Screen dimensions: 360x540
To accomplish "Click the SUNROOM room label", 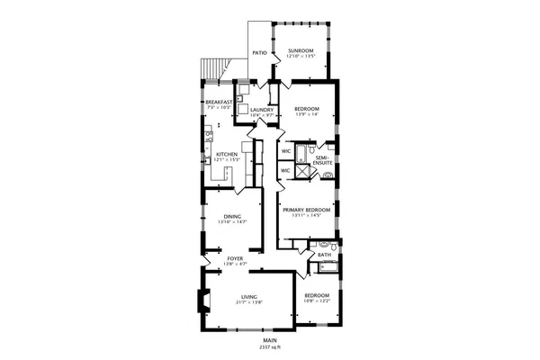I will (300, 50).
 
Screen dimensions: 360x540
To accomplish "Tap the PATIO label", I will (258, 52).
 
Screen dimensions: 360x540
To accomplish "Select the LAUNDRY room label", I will (249, 110).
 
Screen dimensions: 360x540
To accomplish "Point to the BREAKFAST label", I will (219, 102).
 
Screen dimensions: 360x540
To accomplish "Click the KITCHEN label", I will (226, 154).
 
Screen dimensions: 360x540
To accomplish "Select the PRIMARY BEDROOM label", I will (307, 210).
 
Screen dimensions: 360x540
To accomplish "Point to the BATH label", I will (325, 255).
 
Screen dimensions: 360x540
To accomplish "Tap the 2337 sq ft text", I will (268, 346).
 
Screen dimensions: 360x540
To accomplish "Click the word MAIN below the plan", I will (269, 340).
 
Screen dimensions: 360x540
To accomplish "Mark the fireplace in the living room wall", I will (203, 305).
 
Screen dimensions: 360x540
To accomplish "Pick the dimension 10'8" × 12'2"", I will (316, 301).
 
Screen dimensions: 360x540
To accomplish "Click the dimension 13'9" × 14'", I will (308, 114).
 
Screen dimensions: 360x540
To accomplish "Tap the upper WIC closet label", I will (285, 151).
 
